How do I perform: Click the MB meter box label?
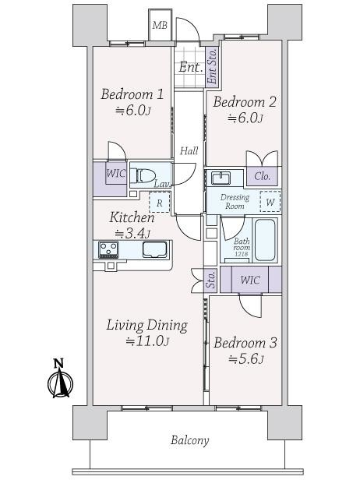160,26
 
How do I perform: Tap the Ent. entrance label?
191,67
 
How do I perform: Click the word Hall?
189,151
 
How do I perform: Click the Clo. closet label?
263,176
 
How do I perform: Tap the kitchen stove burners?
108,249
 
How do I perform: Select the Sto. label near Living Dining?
211,280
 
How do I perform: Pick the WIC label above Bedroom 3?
250,279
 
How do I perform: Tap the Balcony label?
189,440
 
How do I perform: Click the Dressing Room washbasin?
218,176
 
